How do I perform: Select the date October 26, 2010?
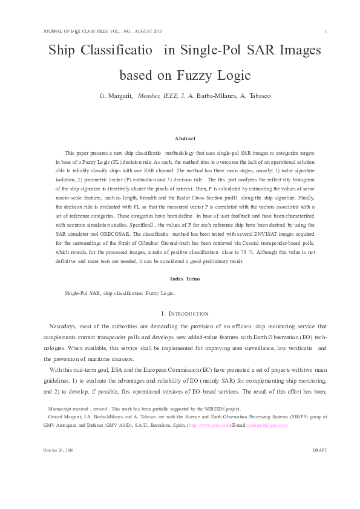58,467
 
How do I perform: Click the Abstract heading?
185,138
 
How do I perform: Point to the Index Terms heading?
185,279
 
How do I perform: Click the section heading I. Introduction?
185,313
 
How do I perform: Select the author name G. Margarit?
117,96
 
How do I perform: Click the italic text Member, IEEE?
158,96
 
